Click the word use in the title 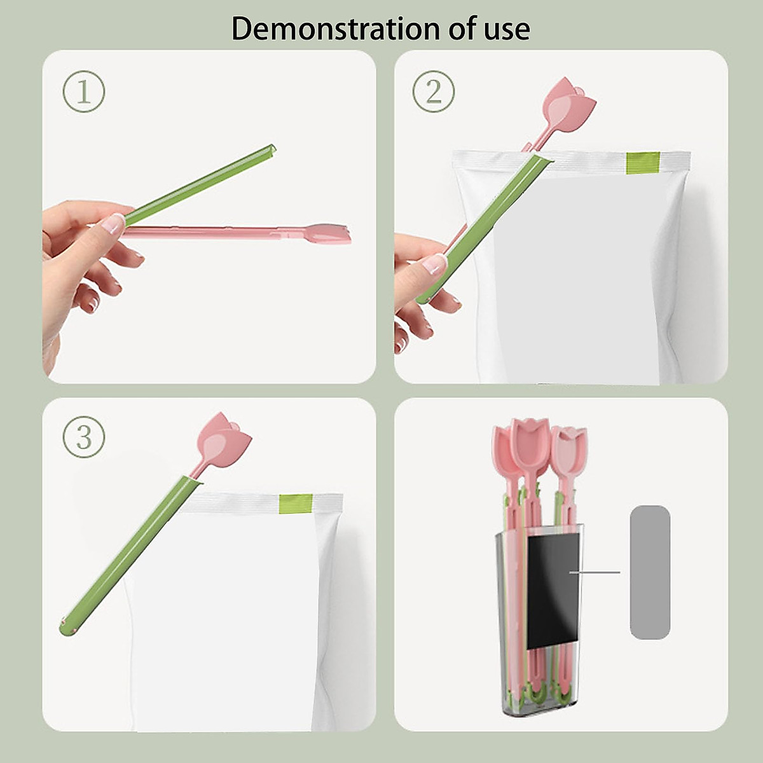click(x=506, y=29)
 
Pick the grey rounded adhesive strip click(x=650, y=572)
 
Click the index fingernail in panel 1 click(x=114, y=224)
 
